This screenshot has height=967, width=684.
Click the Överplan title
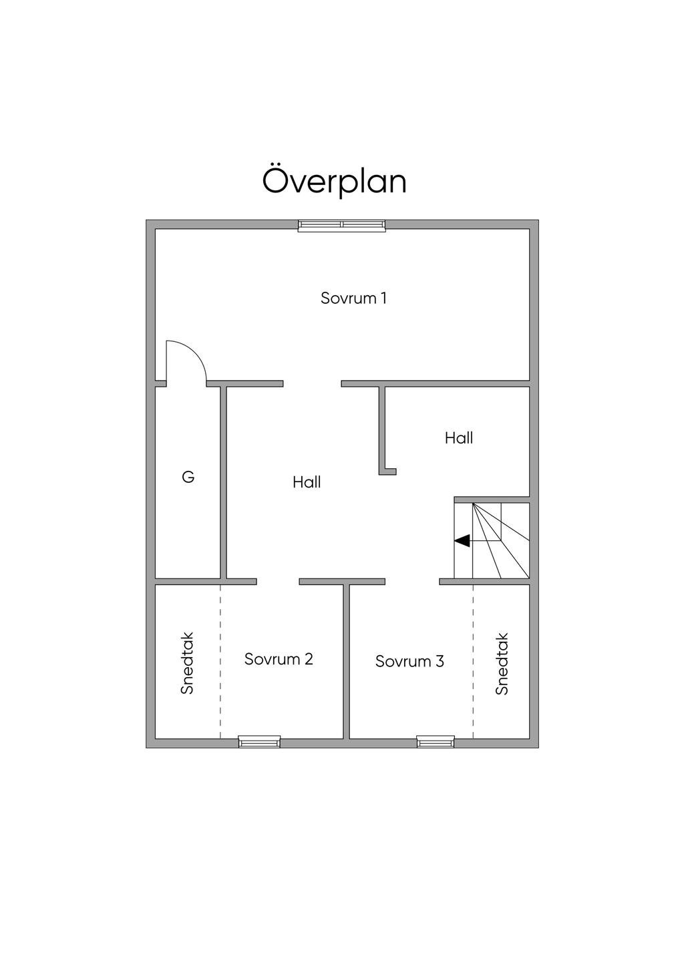335,180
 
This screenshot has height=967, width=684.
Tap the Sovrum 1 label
353,298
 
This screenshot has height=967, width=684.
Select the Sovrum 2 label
279,659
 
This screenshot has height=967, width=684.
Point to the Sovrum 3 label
409,661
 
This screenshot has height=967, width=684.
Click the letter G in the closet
188,477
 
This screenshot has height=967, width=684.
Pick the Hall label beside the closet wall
307,482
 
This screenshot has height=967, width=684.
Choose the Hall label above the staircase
459,438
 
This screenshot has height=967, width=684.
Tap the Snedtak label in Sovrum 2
188,663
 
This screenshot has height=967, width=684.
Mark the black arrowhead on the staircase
462,541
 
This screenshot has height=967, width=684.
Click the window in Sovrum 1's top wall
342,225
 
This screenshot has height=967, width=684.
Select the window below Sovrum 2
259,741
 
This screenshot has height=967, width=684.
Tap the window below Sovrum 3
436,741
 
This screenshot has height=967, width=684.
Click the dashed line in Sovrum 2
220,661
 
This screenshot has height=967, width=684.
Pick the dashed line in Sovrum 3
474,661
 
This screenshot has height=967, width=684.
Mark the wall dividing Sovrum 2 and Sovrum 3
347,661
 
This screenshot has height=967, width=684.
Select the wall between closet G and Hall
224,481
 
